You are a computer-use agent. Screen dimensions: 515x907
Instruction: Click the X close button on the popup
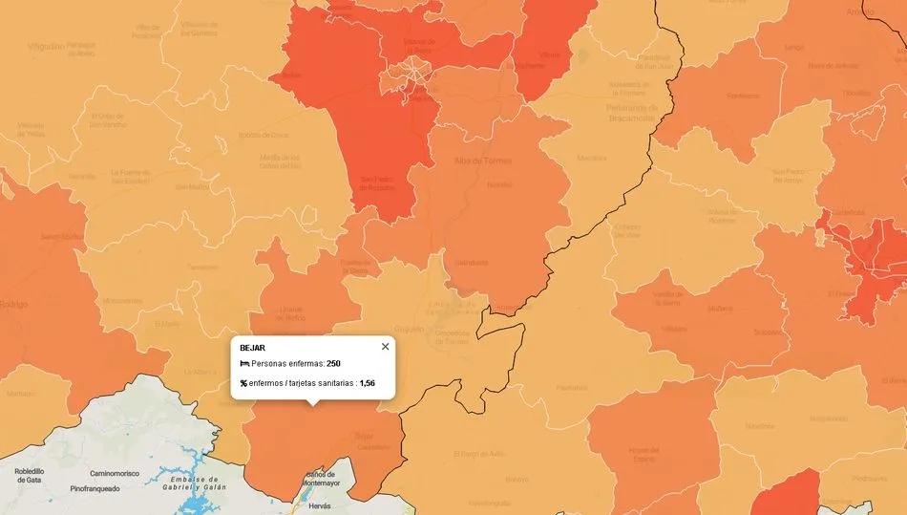click(386, 347)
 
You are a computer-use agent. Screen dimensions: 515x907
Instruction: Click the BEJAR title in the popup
click(253, 348)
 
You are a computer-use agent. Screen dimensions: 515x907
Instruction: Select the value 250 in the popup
click(333, 364)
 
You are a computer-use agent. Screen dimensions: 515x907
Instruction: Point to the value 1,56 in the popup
click(368, 383)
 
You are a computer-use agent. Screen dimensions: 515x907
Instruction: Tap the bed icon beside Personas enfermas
click(244, 364)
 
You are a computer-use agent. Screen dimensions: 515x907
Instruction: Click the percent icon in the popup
click(244, 383)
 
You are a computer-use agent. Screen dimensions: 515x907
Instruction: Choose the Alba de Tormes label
click(483, 161)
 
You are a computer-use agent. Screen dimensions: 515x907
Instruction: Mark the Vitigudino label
click(47, 45)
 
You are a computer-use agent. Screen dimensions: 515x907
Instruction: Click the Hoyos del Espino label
click(644, 453)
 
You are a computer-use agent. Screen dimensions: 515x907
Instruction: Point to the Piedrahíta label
click(569, 387)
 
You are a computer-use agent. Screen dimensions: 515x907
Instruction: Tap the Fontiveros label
click(743, 96)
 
